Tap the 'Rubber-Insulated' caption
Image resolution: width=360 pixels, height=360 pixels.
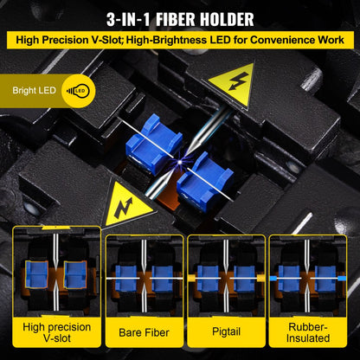304,333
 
